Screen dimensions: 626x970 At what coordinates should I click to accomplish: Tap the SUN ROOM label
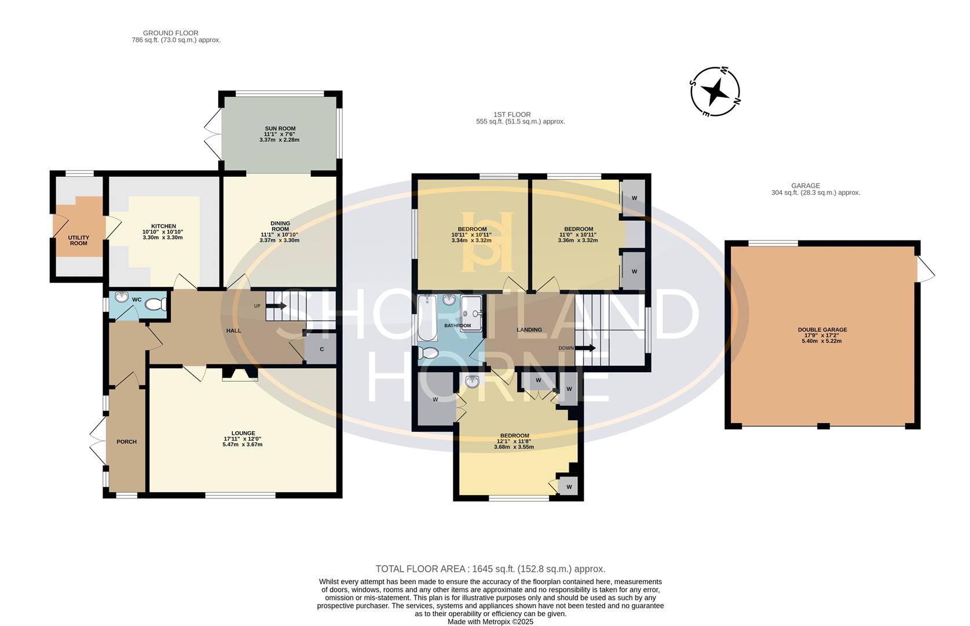click(x=280, y=129)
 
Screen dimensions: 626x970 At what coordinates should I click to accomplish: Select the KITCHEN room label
click(x=163, y=226)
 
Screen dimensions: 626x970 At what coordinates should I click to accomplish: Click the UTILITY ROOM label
click(x=79, y=240)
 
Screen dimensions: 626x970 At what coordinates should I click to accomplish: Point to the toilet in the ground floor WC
click(x=155, y=304)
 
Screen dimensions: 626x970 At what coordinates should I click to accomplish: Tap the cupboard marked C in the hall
click(x=321, y=349)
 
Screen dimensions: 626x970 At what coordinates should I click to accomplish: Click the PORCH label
click(x=126, y=442)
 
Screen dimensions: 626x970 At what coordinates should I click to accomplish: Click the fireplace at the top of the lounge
click(x=240, y=374)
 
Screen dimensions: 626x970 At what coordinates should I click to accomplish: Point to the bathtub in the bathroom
click(x=427, y=318)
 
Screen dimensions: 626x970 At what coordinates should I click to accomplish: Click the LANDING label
click(x=529, y=329)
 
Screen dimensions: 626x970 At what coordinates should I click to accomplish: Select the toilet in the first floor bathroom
click(x=429, y=353)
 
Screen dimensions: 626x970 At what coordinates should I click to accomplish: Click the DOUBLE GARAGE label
click(x=822, y=329)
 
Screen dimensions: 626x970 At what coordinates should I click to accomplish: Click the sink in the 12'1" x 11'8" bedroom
click(x=473, y=381)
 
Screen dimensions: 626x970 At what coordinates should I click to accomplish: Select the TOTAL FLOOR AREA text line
click(x=490, y=569)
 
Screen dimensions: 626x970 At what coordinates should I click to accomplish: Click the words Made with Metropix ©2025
click(x=490, y=621)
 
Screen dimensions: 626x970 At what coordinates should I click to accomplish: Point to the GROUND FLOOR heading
click(x=170, y=33)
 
